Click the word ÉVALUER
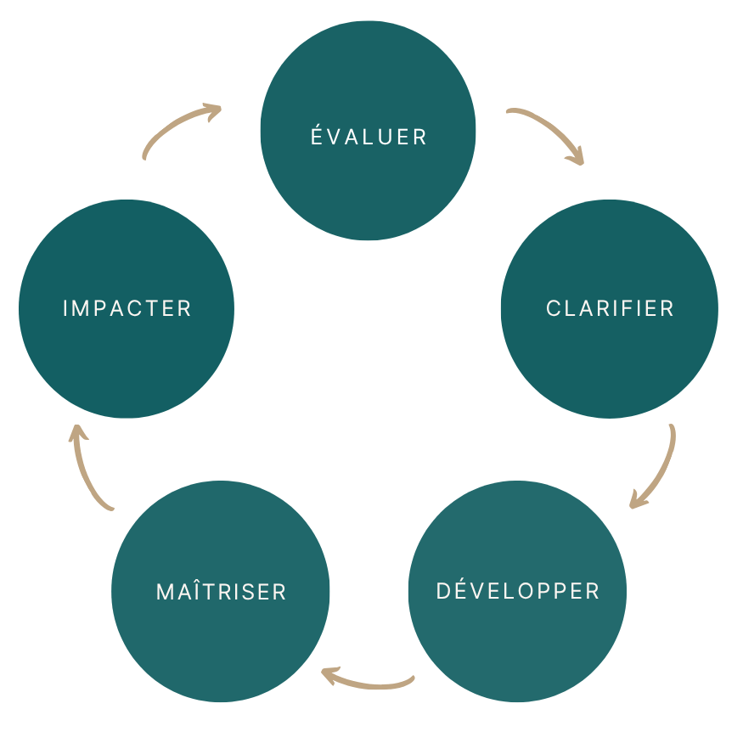[x=369, y=136]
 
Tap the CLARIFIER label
[x=610, y=308]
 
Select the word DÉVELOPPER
[x=518, y=591]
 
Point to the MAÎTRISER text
[x=222, y=592]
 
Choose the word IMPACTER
[x=127, y=308]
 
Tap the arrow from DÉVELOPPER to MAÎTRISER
[x=369, y=681]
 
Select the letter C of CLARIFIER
[x=554, y=308]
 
